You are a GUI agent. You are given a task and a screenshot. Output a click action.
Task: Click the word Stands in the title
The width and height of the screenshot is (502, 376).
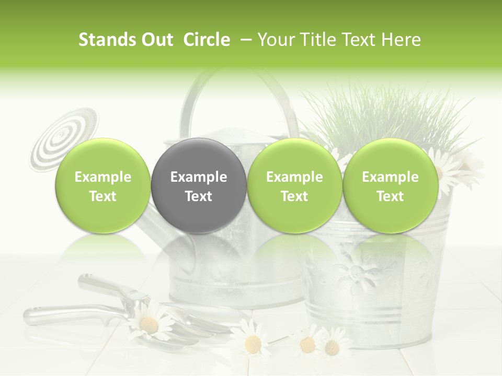pyautogui.click(x=106, y=40)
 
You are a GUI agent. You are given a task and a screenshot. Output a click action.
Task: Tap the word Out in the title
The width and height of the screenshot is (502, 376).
pyautogui.click(x=156, y=40)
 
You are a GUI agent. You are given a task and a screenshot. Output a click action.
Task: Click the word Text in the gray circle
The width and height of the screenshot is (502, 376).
pyautogui.click(x=199, y=196)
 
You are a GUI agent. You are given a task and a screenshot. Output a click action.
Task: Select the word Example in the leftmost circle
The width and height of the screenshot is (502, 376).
pyautogui.click(x=103, y=177)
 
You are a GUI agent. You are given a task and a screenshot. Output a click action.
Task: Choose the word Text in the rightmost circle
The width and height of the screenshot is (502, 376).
pyautogui.click(x=390, y=196)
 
